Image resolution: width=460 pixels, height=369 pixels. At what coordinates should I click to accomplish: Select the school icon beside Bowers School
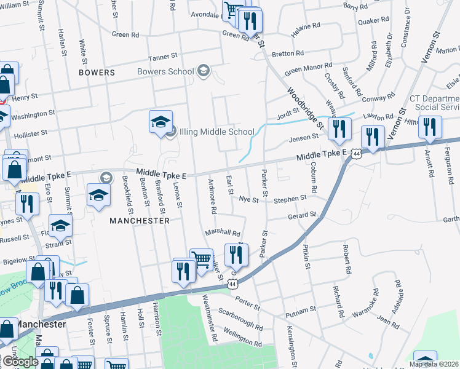click(x=204, y=72)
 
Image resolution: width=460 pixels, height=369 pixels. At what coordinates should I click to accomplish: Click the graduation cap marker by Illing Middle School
click(x=161, y=121)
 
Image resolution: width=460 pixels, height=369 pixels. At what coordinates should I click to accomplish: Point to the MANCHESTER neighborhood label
click(x=139, y=220)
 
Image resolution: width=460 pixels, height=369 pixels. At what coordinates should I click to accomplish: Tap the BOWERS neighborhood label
click(x=97, y=73)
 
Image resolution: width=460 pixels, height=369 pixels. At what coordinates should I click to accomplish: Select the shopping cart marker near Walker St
click(x=201, y=260)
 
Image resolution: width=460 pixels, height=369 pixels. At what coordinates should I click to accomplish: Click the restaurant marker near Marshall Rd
click(x=236, y=255)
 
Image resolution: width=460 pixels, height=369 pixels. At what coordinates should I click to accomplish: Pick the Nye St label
click(x=248, y=200)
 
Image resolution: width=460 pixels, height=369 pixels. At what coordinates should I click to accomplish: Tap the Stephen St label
click(x=290, y=199)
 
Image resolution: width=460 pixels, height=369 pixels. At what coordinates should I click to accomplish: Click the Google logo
click(x=20, y=361)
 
